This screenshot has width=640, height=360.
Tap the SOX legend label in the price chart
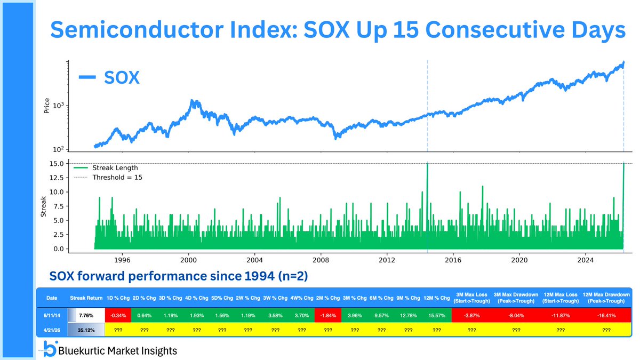[x=123, y=78]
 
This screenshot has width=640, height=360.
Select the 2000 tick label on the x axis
[x=188, y=260]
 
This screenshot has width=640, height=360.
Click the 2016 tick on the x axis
[x=453, y=260]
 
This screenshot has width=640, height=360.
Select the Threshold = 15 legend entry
[x=117, y=177]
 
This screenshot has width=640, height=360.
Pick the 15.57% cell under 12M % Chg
[x=437, y=316]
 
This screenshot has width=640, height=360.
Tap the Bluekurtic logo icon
[x=51, y=347]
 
